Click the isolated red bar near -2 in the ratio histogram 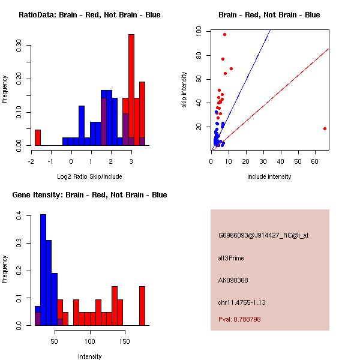coord(37,137)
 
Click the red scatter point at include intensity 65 coord(325,128)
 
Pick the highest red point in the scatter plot coord(224,34)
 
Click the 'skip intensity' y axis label coord(184,89)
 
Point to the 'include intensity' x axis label coord(269,176)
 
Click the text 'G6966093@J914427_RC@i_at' coord(263,235)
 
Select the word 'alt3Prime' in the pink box coord(231,258)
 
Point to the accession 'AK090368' coord(233,280)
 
